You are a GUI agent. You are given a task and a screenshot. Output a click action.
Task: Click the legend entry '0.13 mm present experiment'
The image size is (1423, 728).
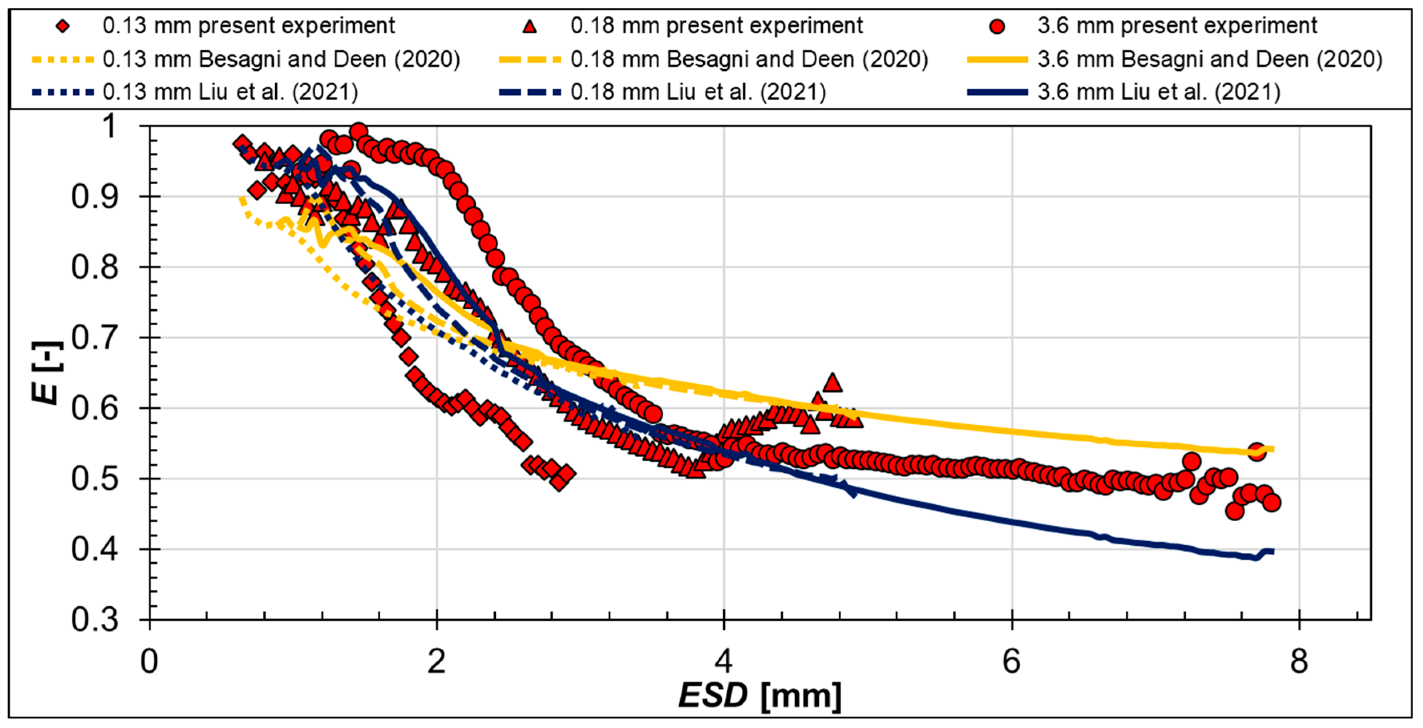coord(248,25)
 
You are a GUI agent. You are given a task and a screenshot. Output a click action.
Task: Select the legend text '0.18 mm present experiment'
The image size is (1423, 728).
coord(717,25)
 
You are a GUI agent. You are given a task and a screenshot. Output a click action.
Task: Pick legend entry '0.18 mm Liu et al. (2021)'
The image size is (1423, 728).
coord(698,92)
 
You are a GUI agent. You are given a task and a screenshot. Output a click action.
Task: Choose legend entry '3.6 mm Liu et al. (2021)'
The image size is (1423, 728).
coord(1159,92)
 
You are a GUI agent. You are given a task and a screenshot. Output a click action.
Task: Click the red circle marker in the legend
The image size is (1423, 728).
coord(997,26)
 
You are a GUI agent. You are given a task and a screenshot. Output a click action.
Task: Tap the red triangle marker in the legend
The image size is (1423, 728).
coord(530,26)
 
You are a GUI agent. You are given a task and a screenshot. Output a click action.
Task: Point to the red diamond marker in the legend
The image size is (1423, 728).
coord(63,26)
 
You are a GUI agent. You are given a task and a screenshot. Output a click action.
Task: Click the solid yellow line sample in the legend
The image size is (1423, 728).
coord(997,59)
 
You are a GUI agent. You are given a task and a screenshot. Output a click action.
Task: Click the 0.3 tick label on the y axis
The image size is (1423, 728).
coord(95,620)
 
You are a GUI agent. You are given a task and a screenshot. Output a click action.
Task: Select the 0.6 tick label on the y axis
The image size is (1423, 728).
coord(95,409)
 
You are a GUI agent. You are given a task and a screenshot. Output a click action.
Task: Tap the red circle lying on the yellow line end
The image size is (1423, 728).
coord(1257,451)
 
